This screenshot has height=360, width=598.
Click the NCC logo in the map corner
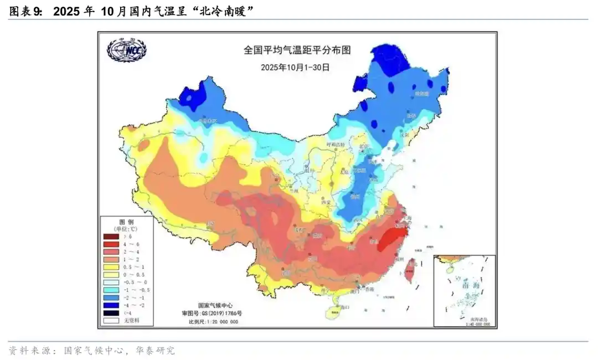[127, 50]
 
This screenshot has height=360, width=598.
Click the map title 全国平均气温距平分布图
[297, 50]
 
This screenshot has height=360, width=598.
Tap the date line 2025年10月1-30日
[295, 67]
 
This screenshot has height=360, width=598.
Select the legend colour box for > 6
[111, 236]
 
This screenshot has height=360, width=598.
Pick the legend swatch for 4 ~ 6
[111, 244]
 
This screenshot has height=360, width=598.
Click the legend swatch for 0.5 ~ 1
[111, 266]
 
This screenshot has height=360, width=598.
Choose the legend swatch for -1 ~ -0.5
[111, 290]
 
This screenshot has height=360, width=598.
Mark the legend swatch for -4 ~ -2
[111, 305]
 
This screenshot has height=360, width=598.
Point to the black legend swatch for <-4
[111, 312]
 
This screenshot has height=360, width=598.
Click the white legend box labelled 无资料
[111, 320]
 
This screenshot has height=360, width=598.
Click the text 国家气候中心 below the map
[216, 305]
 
